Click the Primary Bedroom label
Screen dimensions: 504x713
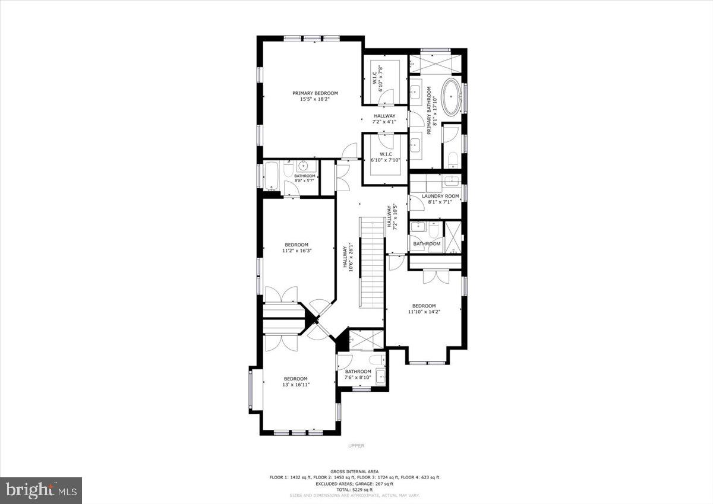[x=315, y=96]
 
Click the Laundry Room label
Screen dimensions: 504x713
[x=440, y=199]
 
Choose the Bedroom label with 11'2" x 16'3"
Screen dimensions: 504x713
[x=296, y=248]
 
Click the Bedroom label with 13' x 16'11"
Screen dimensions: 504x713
[x=295, y=382]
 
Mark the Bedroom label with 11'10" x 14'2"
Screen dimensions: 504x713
[x=424, y=309]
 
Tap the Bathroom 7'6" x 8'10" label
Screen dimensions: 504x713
[x=358, y=375]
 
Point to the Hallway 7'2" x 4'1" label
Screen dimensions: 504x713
[x=384, y=119]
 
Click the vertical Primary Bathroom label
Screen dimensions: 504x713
[x=432, y=107]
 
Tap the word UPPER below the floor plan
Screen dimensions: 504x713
[x=356, y=446]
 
